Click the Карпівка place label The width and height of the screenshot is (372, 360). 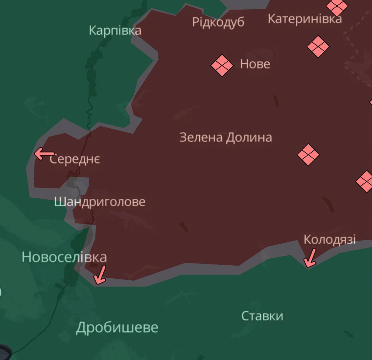(115, 30)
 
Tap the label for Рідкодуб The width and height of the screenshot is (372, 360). (218, 22)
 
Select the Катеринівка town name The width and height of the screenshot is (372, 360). (304, 19)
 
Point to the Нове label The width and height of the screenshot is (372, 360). (255, 64)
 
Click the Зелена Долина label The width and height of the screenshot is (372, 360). (226, 137)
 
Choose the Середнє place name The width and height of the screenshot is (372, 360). (75, 159)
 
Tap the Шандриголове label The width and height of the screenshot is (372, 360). (100, 202)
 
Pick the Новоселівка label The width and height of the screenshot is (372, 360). (64, 257)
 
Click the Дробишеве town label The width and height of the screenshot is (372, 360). (117, 328)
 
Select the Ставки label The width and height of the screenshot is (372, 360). (262, 316)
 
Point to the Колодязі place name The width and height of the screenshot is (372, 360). (329, 239)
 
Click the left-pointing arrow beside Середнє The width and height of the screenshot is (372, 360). (45, 154)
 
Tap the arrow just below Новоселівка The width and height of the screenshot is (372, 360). (100, 275)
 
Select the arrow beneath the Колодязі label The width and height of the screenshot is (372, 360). (310, 258)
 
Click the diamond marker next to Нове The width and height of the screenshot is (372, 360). (222, 65)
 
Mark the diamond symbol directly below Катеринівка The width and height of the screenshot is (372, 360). (318, 47)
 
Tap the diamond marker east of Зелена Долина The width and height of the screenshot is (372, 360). (308, 154)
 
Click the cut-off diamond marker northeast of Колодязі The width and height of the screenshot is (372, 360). (365, 181)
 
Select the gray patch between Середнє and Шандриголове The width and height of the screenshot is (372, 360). (79, 185)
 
